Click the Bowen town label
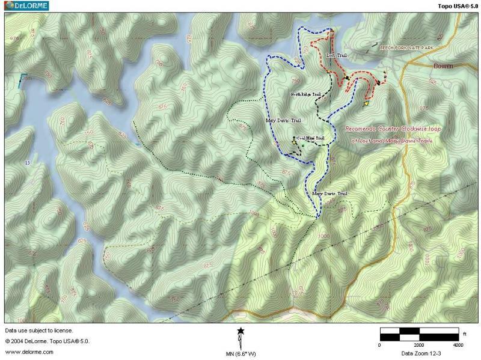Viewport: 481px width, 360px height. point(443,65)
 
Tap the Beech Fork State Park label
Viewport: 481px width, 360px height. point(406,47)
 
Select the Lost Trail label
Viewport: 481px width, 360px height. point(336,55)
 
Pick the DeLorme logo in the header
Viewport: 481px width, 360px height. point(25,5)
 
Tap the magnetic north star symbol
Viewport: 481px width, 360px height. point(240,331)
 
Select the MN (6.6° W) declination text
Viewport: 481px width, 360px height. point(240,354)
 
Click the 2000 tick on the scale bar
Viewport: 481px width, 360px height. point(418,345)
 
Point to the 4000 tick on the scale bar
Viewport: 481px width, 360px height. point(458,345)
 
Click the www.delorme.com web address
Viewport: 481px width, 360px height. point(22,352)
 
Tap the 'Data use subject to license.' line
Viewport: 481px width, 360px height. point(39,331)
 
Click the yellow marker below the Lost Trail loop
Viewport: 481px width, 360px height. point(366,103)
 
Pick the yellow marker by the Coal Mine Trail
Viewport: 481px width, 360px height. point(294,142)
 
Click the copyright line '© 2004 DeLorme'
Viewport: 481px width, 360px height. point(47,341)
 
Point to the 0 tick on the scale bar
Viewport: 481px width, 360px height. point(379,345)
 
